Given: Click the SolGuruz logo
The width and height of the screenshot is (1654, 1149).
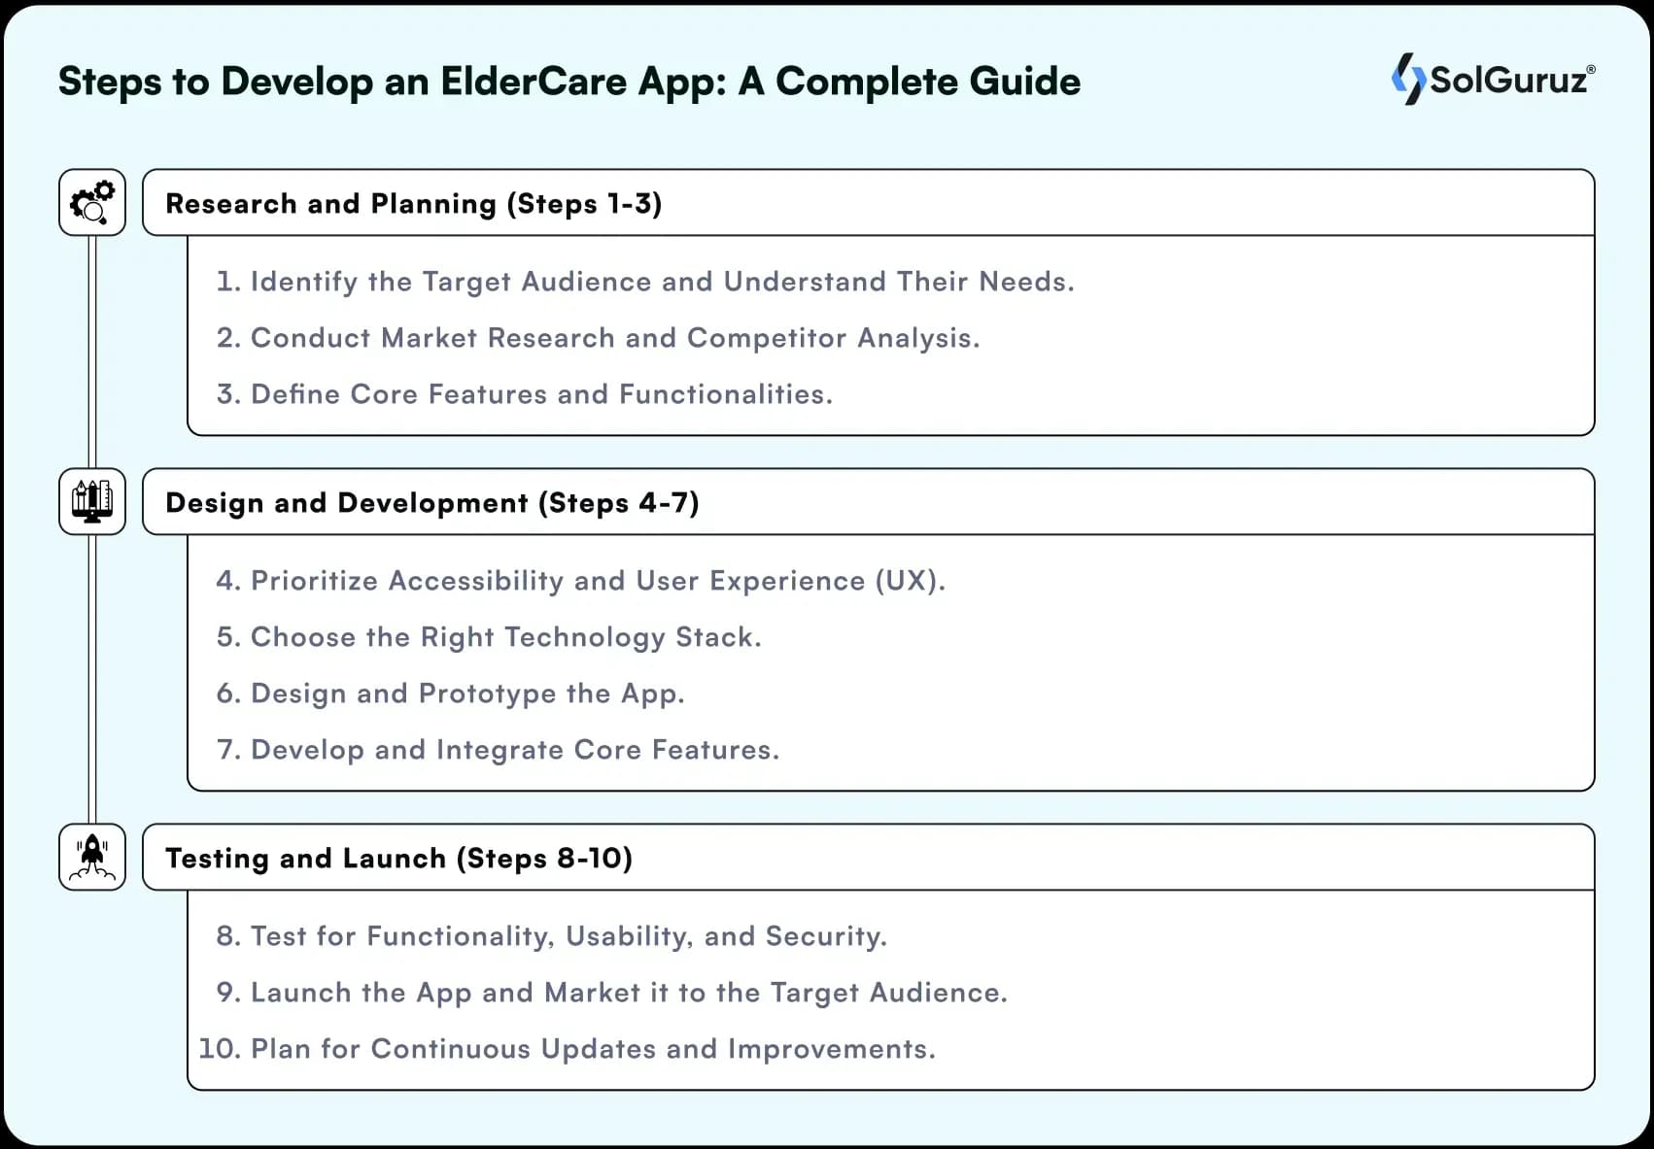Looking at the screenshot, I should (1493, 79).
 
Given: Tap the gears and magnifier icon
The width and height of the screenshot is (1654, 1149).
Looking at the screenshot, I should (92, 202).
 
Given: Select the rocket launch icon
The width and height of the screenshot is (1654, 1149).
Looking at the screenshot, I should (92, 857).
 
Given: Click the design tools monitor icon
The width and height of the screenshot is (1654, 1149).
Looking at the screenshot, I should (92, 501).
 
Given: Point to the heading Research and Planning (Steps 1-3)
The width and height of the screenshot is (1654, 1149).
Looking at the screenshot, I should (413, 204).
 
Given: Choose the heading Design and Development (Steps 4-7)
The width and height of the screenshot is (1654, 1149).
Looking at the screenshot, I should (431, 503).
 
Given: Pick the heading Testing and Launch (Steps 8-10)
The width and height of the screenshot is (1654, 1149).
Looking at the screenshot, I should (398, 859).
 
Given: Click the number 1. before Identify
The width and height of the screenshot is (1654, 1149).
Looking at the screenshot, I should (227, 282).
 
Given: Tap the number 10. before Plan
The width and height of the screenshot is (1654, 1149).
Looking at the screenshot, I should (220, 1049).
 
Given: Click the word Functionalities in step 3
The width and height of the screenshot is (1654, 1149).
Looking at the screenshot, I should (724, 394).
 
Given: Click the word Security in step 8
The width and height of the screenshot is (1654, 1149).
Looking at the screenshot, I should (825, 936).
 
